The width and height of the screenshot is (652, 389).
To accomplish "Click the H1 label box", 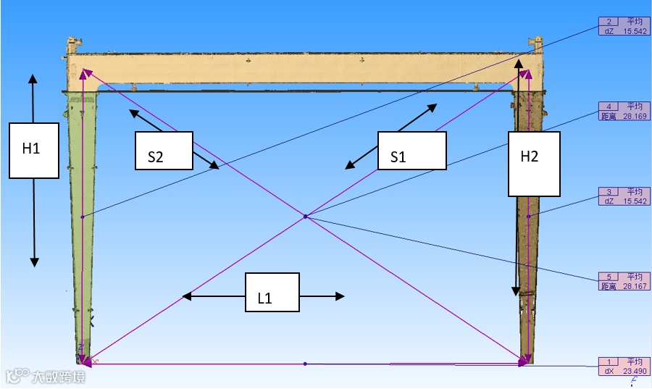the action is [x=33, y=150].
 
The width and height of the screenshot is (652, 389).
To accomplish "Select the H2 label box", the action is [x=534, y=164].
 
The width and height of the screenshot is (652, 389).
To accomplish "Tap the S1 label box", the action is [x=411, y=151].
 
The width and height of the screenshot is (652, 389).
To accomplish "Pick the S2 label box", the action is [x=164, y=150].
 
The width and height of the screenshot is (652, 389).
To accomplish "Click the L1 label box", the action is [x=272, y=292].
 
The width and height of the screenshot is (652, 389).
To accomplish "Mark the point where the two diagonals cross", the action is [x=305, y=216].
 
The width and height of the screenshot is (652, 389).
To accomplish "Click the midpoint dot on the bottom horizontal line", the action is [x=305, y=363].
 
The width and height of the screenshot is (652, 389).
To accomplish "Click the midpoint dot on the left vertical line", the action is [x=83, y=216].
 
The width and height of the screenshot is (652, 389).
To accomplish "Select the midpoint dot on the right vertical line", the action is [x=528, y=216].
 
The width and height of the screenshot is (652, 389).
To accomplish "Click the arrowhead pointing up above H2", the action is [x=519, y=64].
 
